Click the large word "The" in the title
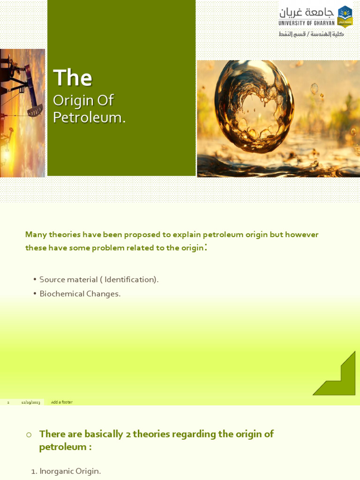(x=73, y=78)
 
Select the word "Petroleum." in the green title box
(x=89, y=117)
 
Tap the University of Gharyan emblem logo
(x=345, y=16)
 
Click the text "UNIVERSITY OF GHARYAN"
(x=307, y=23)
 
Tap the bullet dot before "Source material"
(x=35, y=279)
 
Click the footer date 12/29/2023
(x=30, y=402)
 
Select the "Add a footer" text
(x=61, y=402)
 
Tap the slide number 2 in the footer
(x=8, y=402)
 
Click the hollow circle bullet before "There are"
(x=29, y=435)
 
